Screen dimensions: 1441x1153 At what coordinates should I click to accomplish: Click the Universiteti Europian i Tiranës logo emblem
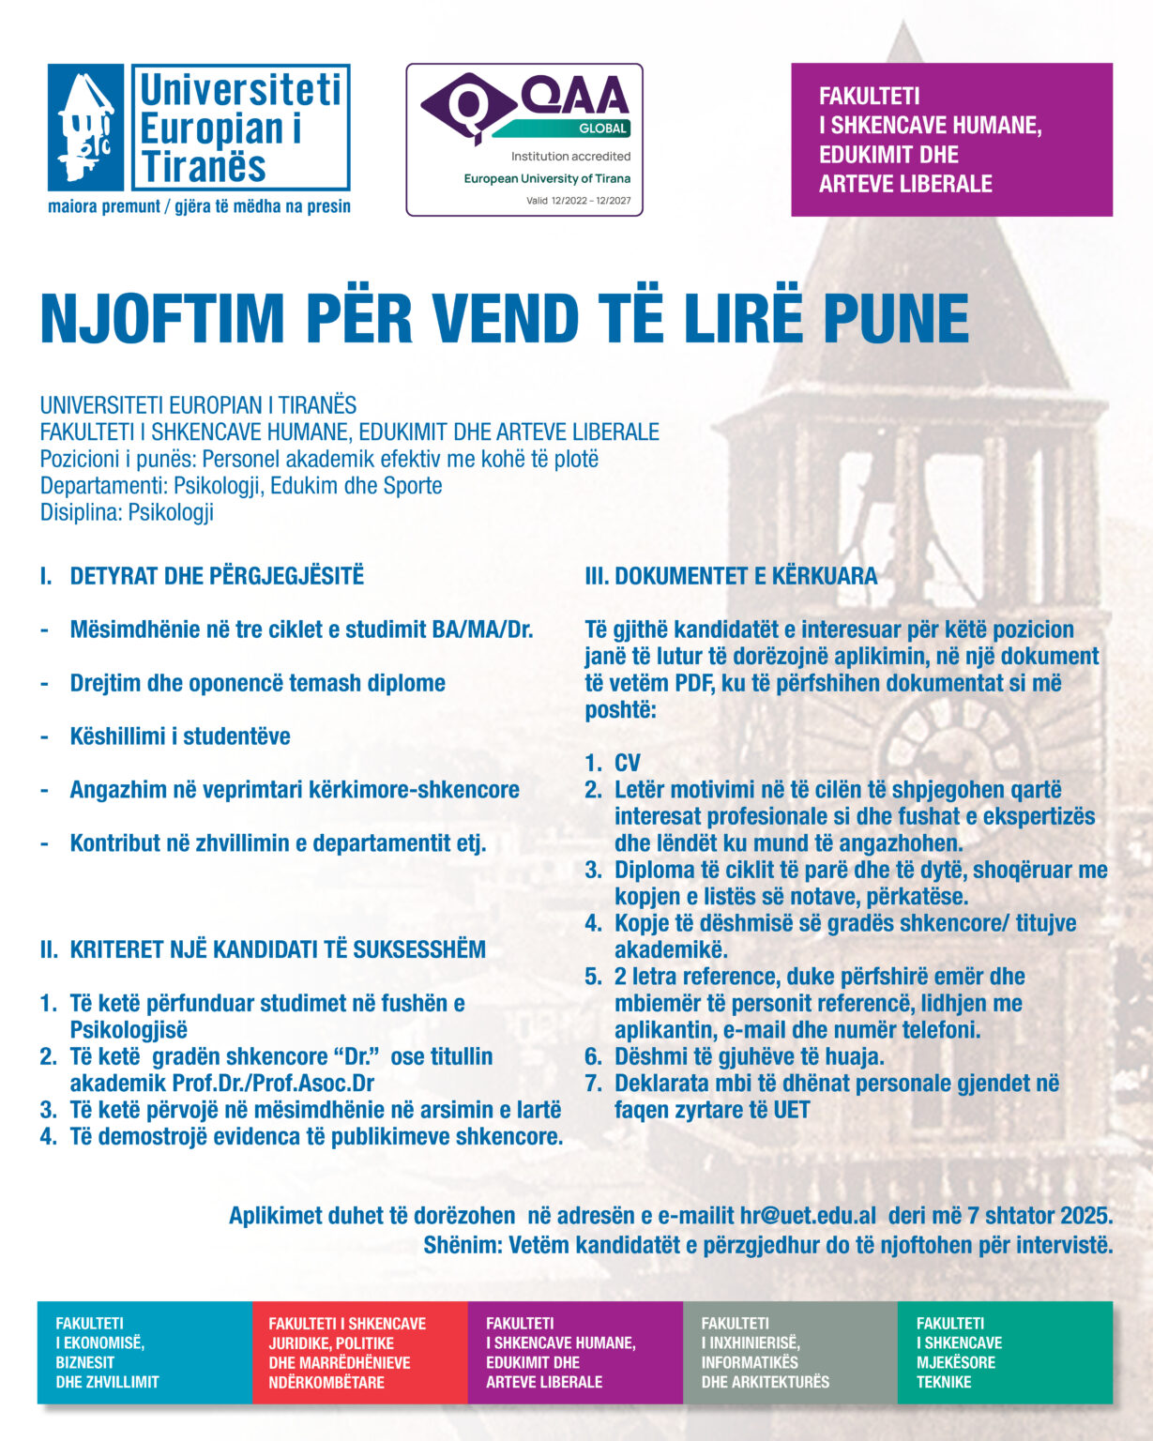[x=86, y=128]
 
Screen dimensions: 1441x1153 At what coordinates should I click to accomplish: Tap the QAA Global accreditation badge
[x=523, y=139]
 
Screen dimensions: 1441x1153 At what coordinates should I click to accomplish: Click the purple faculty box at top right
[x=951, y=140]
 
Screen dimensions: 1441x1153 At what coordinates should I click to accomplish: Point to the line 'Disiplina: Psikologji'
[x=127, y=512]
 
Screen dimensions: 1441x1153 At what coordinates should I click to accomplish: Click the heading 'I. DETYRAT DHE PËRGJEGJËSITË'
[x=202, y=576]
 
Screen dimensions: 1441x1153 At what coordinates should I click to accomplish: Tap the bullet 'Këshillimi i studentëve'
[x=180, y=736]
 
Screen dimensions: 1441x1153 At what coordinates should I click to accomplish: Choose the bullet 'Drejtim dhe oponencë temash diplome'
[x=257, y=683]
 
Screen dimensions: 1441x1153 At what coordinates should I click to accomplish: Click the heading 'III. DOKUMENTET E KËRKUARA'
[x=731, y=576]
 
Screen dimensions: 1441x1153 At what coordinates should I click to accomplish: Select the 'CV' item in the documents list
[x=628, y=763]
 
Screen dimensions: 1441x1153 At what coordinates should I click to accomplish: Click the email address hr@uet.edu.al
[x=808, y=1216]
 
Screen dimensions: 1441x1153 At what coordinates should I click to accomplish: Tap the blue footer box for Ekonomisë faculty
[x=144, y=1352]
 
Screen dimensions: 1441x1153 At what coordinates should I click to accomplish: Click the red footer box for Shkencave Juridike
[x=359, y=1352]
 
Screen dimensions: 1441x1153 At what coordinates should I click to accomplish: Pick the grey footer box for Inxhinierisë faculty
[x=790, y=1352]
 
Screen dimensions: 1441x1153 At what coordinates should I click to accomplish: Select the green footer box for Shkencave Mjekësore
[x=1005, y=1352]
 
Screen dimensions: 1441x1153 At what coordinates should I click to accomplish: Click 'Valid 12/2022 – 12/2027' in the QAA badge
[x=578, y=201]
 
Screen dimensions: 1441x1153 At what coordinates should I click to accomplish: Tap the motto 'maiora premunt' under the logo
[x=104, y=206]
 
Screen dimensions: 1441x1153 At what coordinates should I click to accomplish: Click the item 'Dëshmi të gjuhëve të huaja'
[x=749, y=1056]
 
